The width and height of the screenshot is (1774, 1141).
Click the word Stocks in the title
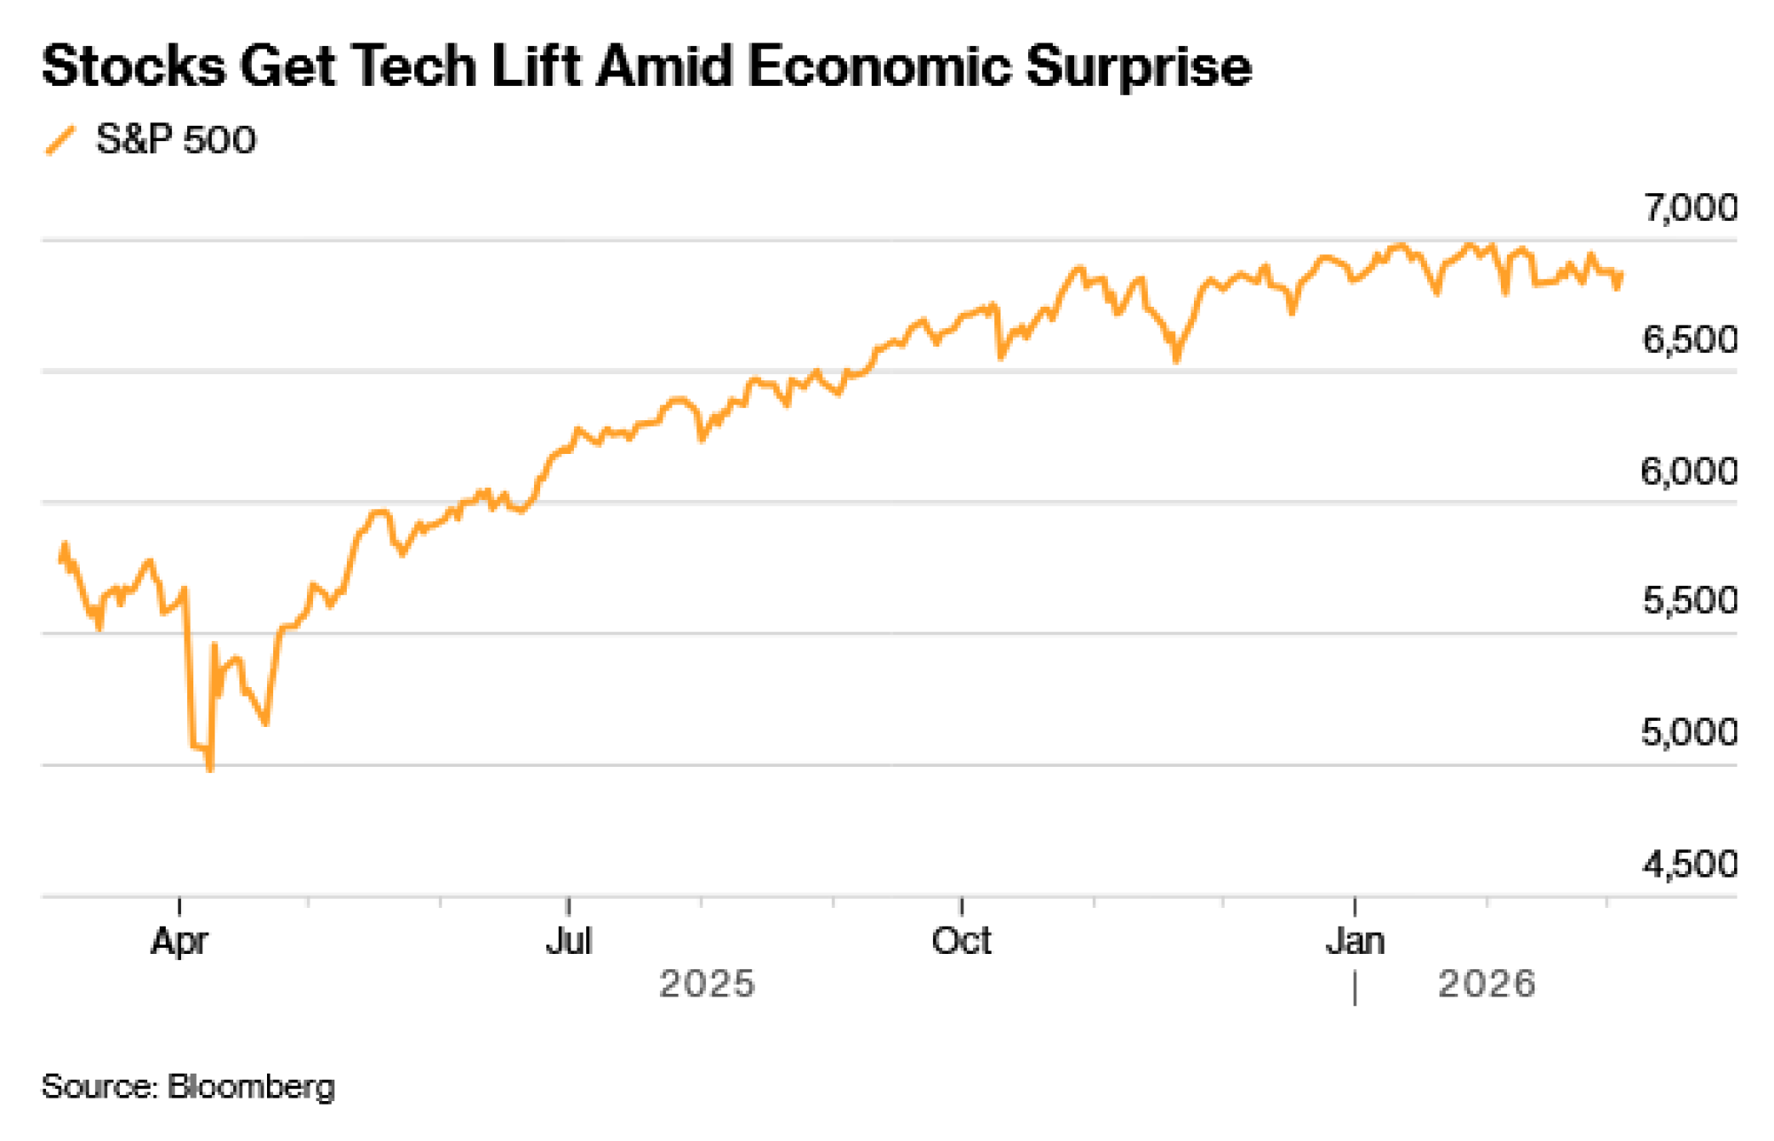click(x=133, y=66)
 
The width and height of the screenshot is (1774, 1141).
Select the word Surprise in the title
click(x=1139, y=66)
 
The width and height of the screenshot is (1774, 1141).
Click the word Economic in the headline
click(x=878, y=66)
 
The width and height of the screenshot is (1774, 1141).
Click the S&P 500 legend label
click(x=176, y=140)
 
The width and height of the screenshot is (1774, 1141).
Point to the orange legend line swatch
click(x=60, y=141)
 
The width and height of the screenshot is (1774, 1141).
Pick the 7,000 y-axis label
click(x=1690, y=208)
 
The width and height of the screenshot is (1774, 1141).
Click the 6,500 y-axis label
click(x=1690, y=340)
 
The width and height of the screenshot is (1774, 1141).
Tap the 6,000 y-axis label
click(x=1690, y=471)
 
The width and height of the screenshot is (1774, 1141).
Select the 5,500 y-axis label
click(x=1690, y=601)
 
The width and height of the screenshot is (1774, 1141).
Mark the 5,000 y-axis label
click(x=1690, y=732)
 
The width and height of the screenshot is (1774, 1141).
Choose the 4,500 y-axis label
click(x=1690, y=864)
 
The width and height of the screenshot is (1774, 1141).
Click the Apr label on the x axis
click(x=179, y=941)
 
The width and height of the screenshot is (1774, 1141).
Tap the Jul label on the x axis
click(x=569, y=941)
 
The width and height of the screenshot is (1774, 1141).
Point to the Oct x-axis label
click(x=962, y=941)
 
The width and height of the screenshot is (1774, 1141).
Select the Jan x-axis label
click(x=1355, y=941)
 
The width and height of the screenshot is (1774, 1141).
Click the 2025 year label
click(x=707, y=984)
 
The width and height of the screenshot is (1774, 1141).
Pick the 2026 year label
click(x=1487, y=984)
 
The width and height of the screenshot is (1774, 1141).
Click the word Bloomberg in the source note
click(x=251, y=1087)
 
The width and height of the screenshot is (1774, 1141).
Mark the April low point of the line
click(x=210, y=770)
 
